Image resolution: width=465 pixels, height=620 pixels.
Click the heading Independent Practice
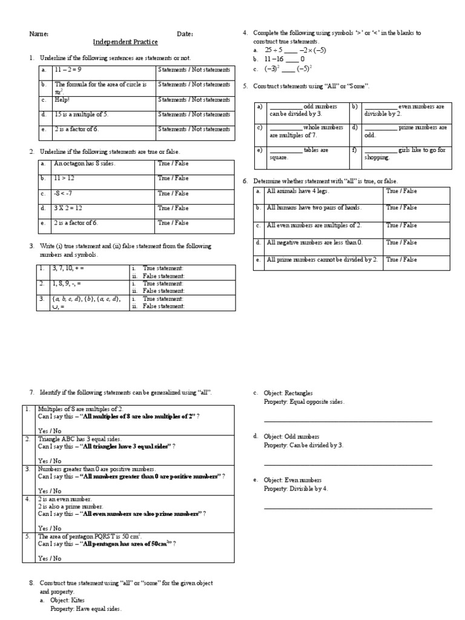tap(125, 42)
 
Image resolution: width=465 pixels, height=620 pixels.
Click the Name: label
tap(39, 34)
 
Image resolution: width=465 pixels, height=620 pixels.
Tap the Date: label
tap(185, 34)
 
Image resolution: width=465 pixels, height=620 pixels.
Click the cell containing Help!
tap(63, 100)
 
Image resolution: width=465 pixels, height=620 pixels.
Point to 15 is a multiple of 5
tap(82, 114)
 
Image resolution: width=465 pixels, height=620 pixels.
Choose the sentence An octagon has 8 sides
tap(84, 163)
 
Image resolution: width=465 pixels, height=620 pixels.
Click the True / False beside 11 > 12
tap(173, 179)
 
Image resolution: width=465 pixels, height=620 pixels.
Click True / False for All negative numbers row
tap(402, 243)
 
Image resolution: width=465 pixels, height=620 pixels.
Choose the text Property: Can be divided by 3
tap(303, 445)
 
